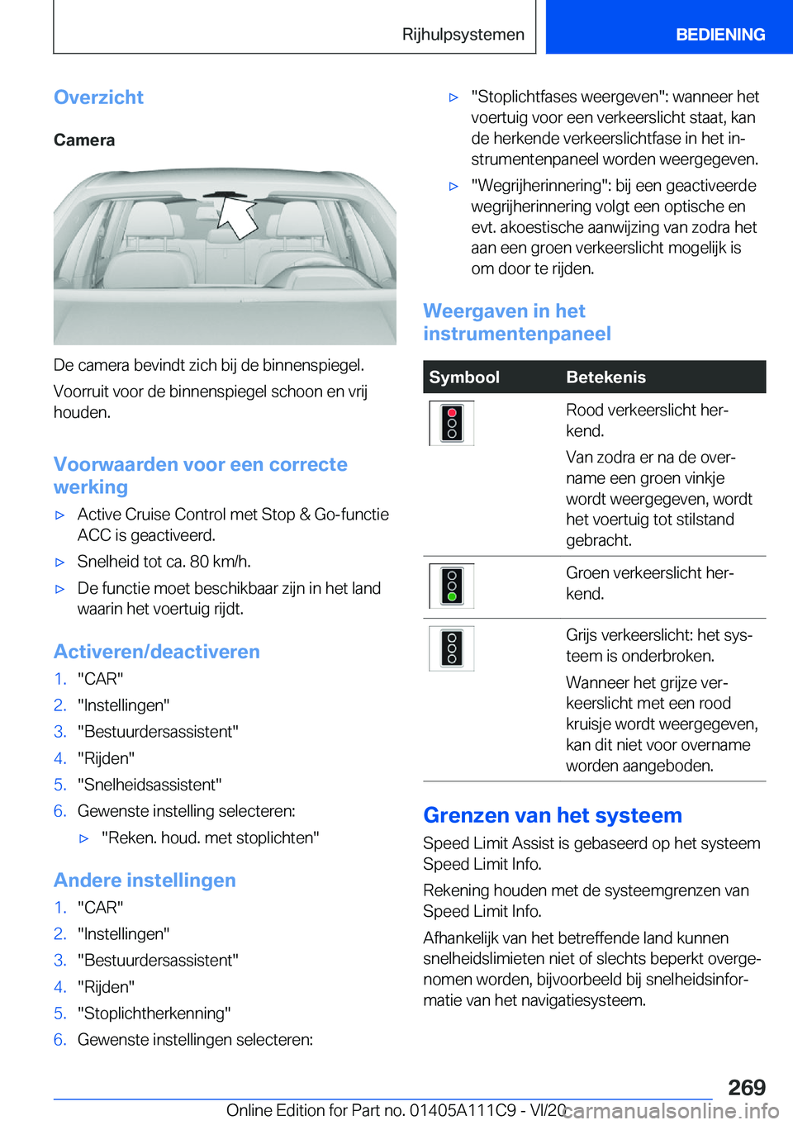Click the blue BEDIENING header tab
[x=719, y=35]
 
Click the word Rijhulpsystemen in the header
[x=463, y=35]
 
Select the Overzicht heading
[x=98, y=97]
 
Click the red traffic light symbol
[x=451, y=423]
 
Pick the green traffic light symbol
[x=451, y=586]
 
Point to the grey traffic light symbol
[x=451, y=648]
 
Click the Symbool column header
[x=464, y=377]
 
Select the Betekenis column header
[x=605, y=377]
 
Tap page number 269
[x=747, y=1087]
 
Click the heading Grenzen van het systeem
[x=552, y=815]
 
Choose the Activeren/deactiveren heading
[x=156, y=652]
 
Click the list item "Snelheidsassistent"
[x=150, y=785]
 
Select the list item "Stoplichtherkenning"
[x=154, y=1013]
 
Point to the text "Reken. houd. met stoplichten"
[x=210, y=838]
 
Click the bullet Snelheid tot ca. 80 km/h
[x=164, y=562]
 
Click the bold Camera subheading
[x=84, y=140]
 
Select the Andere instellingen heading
[x=145, y=881]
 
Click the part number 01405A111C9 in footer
[x=463, y=1110]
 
